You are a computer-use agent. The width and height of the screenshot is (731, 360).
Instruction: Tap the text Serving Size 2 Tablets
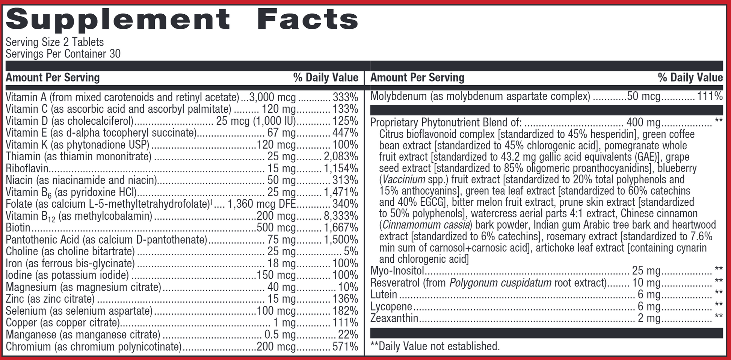[x=54, y=42]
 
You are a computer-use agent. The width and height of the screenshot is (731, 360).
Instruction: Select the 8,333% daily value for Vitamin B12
[x=341, y=216]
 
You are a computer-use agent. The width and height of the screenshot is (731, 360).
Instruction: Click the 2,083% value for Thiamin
[x=341, y=157]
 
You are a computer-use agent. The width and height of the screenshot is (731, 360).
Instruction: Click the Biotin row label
[x=18, y=228]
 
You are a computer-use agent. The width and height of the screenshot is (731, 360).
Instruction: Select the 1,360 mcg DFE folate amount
[x=262, y=204]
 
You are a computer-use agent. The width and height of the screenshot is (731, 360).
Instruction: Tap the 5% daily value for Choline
[x=351, y=252]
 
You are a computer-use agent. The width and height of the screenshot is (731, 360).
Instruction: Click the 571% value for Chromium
[x=345, y=346]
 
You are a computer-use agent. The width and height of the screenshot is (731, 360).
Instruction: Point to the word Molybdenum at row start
[x=399, y=96]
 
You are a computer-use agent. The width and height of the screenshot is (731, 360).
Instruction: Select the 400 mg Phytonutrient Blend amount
[x=643, y=123]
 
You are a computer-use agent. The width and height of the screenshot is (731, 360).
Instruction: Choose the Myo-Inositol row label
[x=397, y=271]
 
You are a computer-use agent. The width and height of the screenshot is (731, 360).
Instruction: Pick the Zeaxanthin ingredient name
[x=394, y=318]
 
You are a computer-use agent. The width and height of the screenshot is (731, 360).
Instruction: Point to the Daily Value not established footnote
[x=435, y=346]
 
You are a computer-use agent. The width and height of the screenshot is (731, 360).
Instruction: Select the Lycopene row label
[x=391, y=307]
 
